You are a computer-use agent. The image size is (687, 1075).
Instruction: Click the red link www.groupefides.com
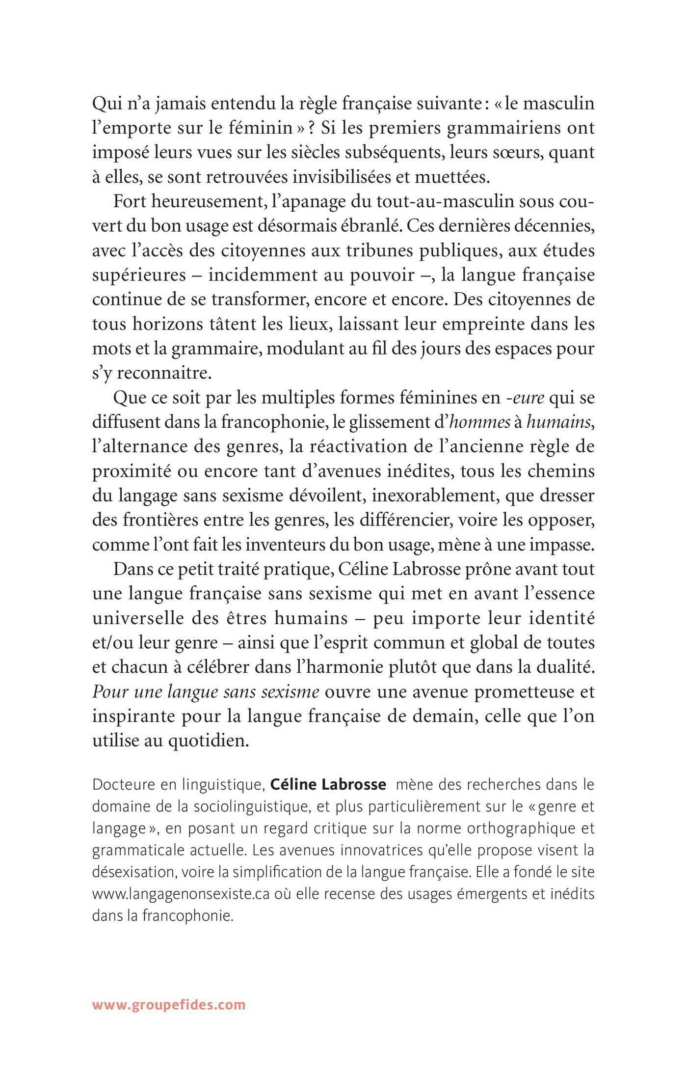168,991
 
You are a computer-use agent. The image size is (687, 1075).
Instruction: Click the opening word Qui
106,105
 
